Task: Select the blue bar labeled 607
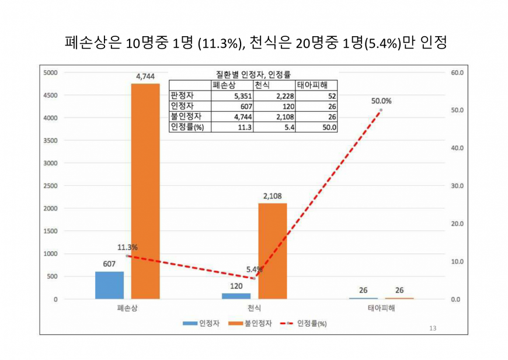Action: [x=109, y=285]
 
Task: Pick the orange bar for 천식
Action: [x=272, y=251]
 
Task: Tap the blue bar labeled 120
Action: [x=236, y=296]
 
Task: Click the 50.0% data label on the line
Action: [x=381, y=101]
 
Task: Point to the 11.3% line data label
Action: [x=127, y=247]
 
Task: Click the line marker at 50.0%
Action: [x=381, y=110]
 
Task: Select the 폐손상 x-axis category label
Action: [x=127, y=308]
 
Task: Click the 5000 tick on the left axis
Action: [x=50, y=72]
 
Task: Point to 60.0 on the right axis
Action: [x=457, y=72]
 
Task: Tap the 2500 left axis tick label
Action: [x=50, y=186]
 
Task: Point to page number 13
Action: [x=432, y=328]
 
